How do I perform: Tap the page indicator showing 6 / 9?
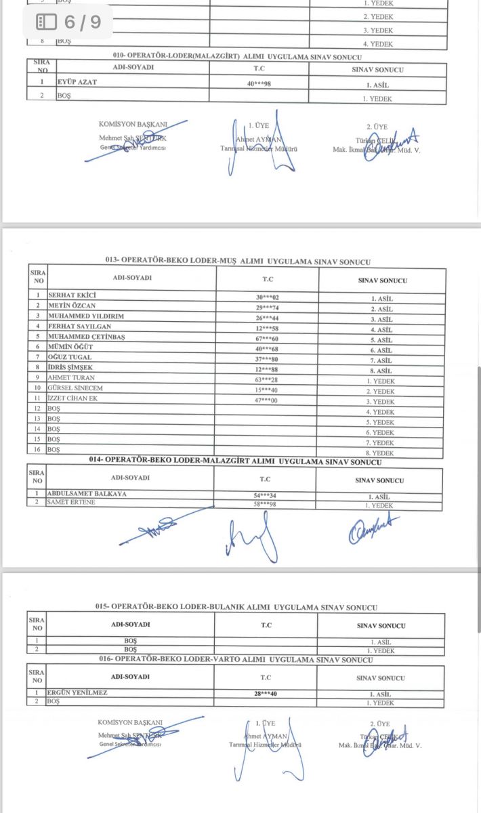pos(68,22)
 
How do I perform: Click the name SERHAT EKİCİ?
pos(72,295)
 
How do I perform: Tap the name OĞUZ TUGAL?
pos(70,356)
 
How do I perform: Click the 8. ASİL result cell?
pos(382,371)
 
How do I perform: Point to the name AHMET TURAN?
pos(71,377)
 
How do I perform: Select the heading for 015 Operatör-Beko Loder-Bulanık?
pos(236,607)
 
